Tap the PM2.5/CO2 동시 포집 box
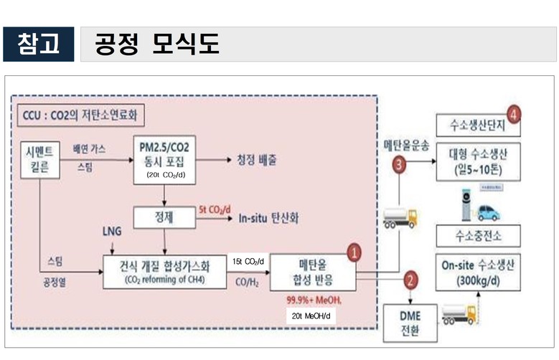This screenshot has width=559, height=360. coord(165,158)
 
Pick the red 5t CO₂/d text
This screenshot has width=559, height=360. coord(218,209)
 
